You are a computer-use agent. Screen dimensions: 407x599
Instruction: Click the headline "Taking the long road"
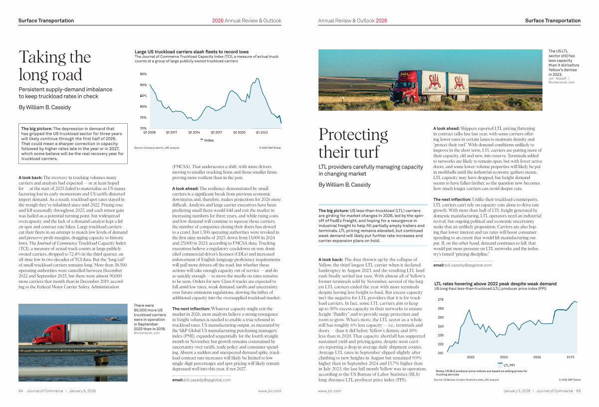[54, 66]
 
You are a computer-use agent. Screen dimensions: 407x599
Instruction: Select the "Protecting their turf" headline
[353, 143]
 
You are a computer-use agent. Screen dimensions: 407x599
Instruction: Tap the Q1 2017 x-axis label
[216, 132]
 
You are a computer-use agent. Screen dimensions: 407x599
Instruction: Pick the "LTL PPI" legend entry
[509, 365]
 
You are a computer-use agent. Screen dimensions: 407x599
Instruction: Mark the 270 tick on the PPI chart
[441, 300]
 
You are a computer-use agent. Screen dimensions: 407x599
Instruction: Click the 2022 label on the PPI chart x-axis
[470, 357]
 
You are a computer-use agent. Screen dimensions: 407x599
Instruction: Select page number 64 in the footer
[21, 391]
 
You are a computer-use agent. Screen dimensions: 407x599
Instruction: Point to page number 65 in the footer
[578, 391]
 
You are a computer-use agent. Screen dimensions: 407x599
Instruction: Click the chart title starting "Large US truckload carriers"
[192, 52]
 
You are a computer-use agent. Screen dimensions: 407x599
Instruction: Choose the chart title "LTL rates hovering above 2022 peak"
[492, 284]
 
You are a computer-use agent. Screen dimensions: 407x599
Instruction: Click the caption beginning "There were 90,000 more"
[150, 317]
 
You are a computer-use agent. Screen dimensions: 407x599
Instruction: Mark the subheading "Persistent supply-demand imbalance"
[65, 93]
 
